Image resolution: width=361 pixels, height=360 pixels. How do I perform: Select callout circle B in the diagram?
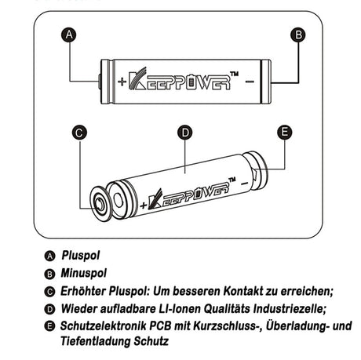click(x=297, y=35)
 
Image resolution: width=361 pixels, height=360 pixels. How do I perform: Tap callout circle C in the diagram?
click(x=78, y=133)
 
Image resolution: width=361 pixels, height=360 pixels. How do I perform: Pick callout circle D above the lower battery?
click(x=185, y=133)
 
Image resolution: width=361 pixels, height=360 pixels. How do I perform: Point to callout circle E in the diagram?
click(x=284, y=133)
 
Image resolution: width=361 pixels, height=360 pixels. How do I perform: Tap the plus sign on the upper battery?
click(x=121, y=82)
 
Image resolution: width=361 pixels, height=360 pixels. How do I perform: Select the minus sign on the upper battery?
click(x=249, y=80)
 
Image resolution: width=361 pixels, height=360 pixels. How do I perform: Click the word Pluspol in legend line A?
click(x=82, y=255)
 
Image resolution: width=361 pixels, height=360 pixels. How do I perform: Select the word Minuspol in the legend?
click(x=86, y=274)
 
